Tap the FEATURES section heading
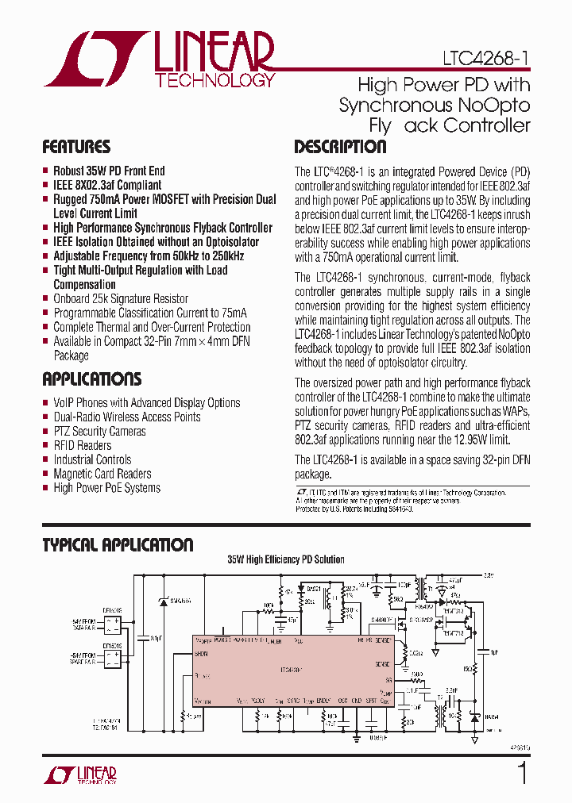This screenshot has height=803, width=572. point(76,147)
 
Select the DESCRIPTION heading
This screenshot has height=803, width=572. point(340,147)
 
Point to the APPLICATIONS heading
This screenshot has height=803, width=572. point(92,378)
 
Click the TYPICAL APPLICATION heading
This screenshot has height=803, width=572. point(118,545)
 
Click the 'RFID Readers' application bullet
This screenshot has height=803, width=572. point(82,445)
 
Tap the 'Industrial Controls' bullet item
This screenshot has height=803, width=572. point(92,459)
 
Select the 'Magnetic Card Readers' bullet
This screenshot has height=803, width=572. point(102,474)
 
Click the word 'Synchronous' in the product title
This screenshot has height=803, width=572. point(385,105)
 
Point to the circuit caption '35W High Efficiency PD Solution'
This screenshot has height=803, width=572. point(286,559)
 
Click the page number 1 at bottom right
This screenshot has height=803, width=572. point(522,772)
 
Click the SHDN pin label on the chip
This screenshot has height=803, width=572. point(201,654)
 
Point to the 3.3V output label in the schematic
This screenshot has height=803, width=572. point(488,574)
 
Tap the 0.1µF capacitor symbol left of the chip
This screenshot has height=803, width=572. point(143,635)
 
